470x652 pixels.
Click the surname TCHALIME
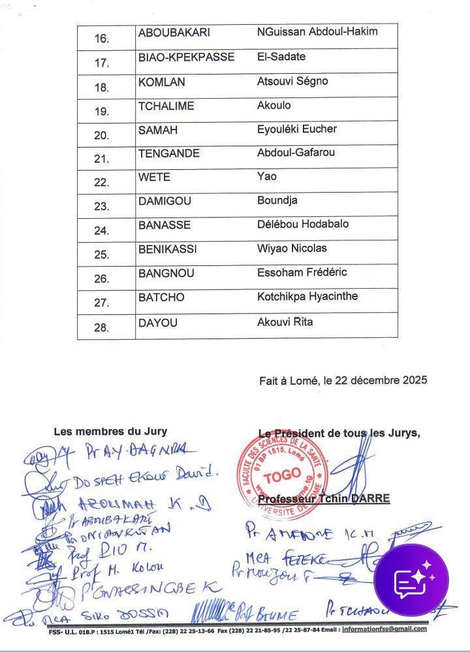166,105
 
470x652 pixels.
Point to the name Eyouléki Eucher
297,129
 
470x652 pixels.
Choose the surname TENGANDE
168,153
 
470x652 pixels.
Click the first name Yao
267,176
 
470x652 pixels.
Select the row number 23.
102,207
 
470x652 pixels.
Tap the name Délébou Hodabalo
303,224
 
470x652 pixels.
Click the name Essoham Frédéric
302,272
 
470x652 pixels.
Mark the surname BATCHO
161,297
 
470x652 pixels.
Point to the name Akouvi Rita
285,321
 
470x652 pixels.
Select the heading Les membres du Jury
110,431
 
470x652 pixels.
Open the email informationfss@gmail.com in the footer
384,629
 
